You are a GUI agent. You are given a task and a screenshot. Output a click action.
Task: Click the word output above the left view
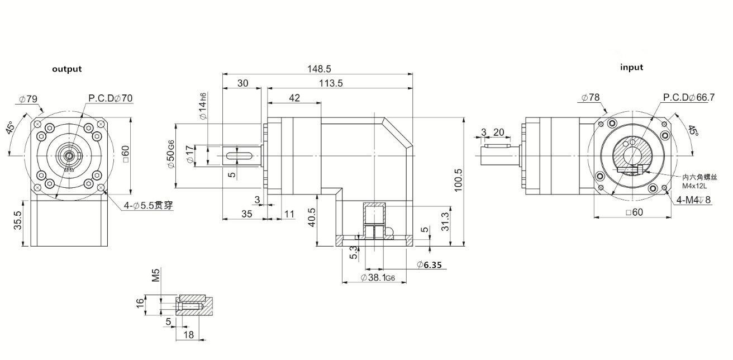[x=67, y=69]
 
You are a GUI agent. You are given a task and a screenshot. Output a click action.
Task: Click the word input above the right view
[x=631, y=67]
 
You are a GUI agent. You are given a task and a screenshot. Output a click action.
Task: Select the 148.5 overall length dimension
[x=320, y=69]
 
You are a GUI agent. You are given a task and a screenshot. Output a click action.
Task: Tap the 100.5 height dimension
[x=459, y=181]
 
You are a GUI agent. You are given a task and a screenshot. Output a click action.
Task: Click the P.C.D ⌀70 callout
[x=111, y=98]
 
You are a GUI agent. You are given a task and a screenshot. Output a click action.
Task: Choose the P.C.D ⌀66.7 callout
[x=689, y=97]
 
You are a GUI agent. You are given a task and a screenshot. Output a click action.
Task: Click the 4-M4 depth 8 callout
[x=693, y=200]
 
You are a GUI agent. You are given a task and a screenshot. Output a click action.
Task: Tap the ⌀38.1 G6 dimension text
[x=381, y=277]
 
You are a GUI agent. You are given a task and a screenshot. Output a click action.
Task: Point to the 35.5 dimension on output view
[x=18, y=222]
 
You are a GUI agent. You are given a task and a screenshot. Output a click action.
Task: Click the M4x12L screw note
[x=694, y=185]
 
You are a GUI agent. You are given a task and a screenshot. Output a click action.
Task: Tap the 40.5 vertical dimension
[x=312, y=217]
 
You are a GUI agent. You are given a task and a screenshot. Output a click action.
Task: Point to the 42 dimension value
[x=294, y=98]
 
